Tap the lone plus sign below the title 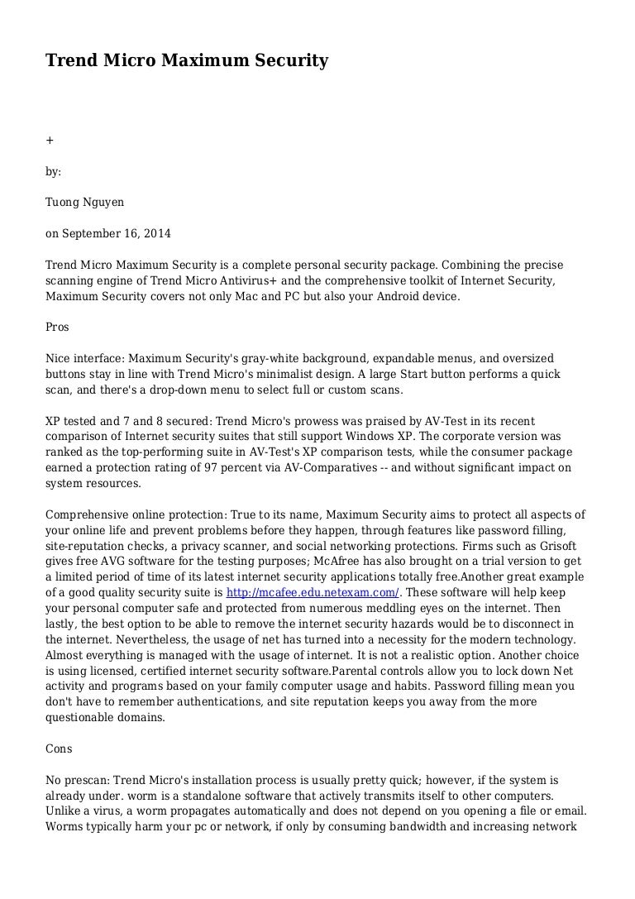tap(49, 140)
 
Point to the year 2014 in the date tap(156, 233)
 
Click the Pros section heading tap(57, 327)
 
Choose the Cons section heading tap(59, 748)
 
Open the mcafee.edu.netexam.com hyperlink tap(313, 592)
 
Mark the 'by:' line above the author tap(53, 171)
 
